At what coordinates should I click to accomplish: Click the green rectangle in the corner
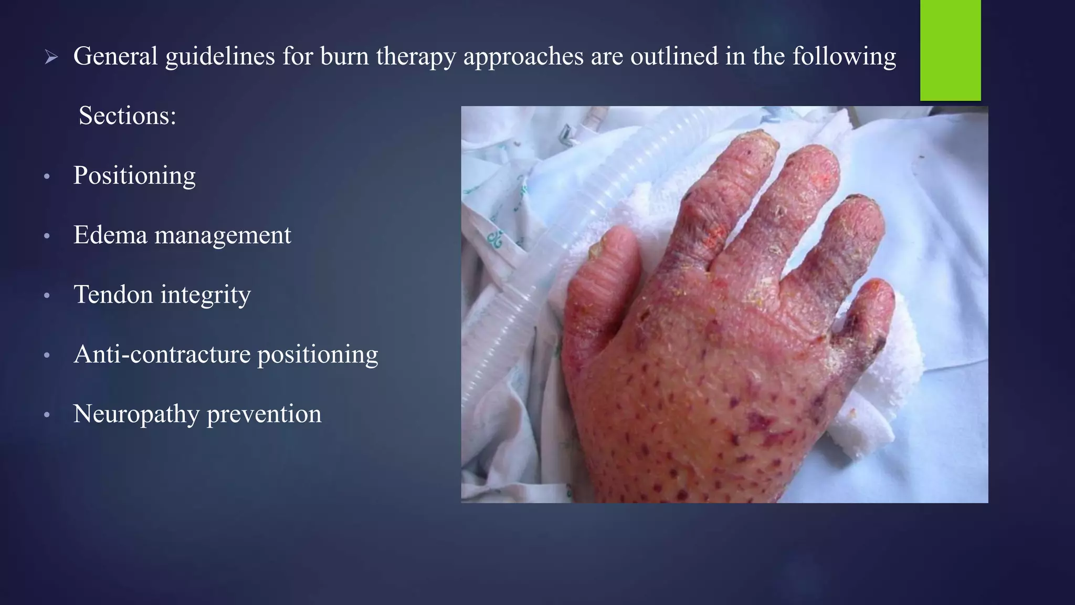950,50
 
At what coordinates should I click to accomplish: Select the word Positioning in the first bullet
134,176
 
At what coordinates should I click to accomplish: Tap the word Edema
110,235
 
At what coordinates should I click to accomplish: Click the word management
223,236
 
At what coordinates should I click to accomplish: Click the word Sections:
127,116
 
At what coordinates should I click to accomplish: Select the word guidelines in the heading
220,57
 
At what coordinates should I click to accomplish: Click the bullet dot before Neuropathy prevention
47,415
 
